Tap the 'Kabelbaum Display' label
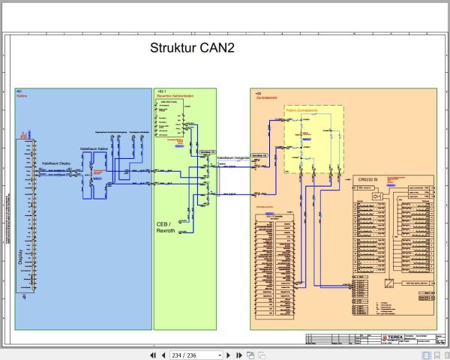pos(57,161)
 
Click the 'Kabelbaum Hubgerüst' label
pos(233,158)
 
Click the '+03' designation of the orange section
pos(258,91)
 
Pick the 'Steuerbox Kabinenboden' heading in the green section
pos(173,96)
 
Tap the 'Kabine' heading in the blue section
pos(22,96)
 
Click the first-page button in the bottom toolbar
pos(153,355)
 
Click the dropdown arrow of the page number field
pos(219,355)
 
